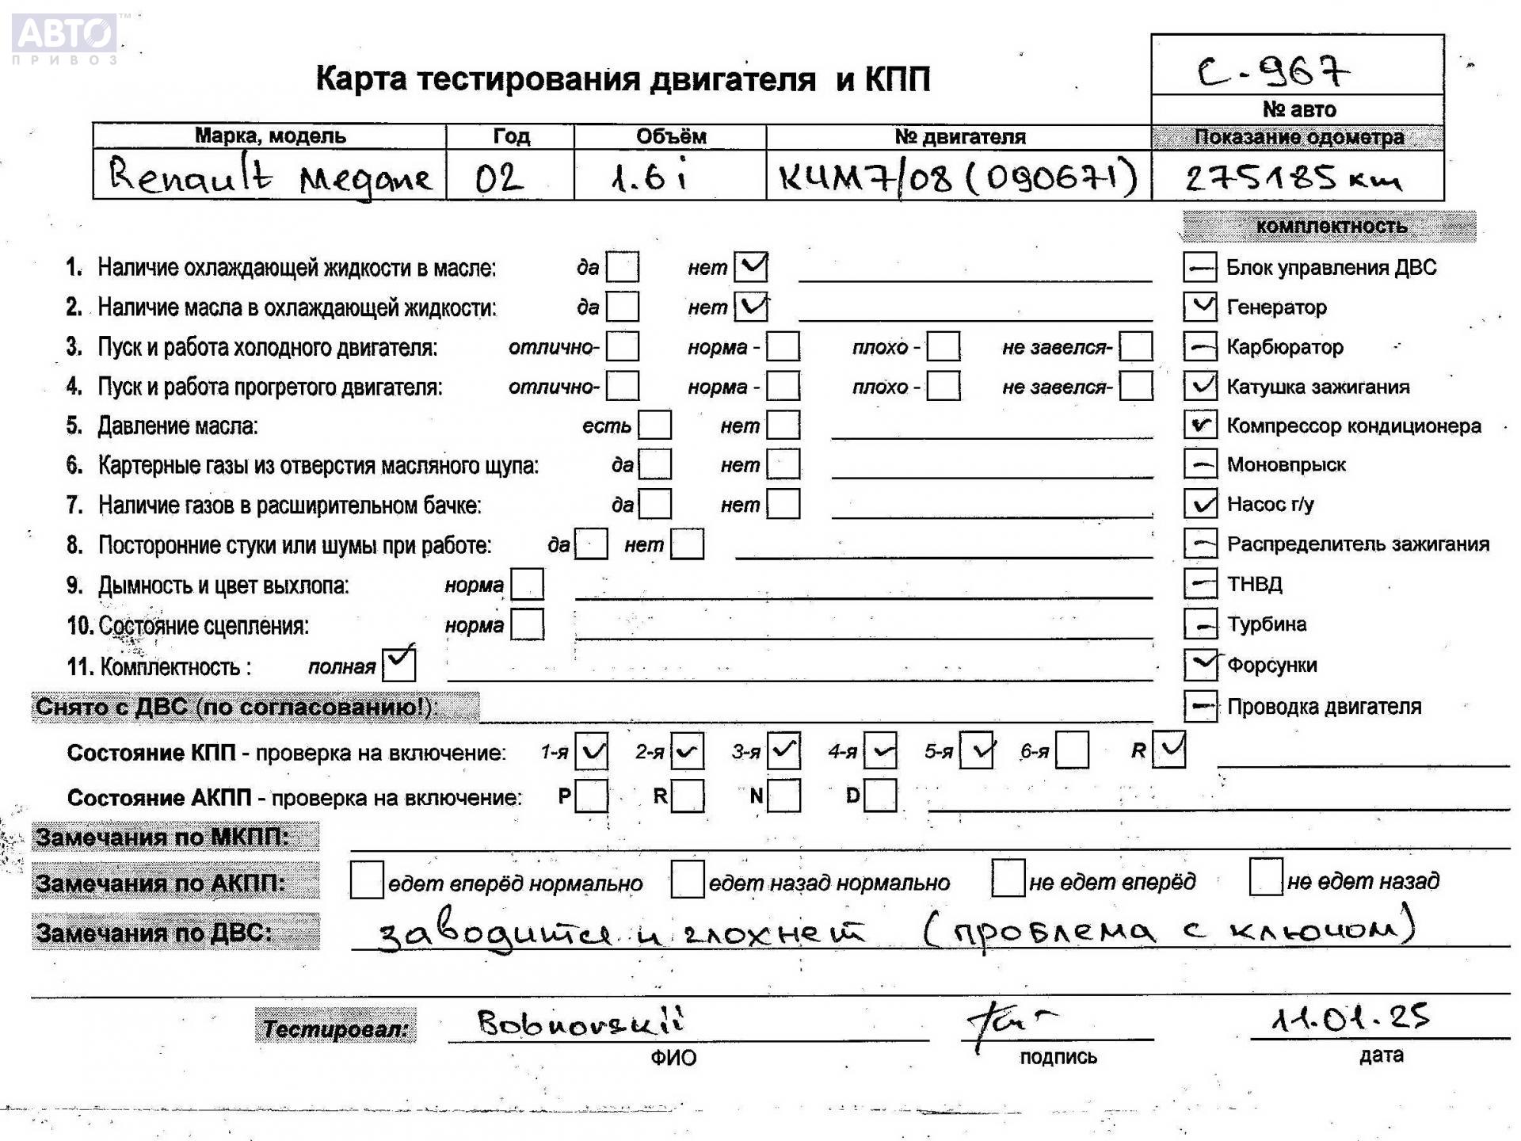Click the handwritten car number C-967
click(1273, 72)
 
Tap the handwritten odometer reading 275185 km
click(1293, 178)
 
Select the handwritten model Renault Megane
click(269, 177)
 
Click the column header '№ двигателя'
click(959, 136)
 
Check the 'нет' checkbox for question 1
click(750, 267)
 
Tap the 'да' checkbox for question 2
click(622, 307)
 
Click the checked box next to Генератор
click(1200, 307)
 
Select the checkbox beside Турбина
click(1200, 624)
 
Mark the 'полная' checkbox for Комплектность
click(398, 664)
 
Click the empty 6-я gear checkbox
click(1072, 750)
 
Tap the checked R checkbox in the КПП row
click(1169, 750)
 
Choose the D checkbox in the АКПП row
click(880, 796)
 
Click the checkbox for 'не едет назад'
click(1265, 878)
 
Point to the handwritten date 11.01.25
click(1350, 1018)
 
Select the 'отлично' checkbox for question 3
click(622, 346)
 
